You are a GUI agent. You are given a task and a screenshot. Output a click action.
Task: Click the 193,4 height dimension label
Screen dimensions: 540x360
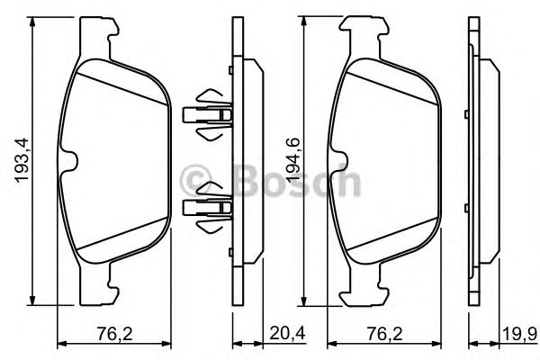(x=22, y=160)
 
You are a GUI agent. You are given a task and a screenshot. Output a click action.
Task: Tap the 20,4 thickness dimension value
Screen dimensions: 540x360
(x=287, y=334)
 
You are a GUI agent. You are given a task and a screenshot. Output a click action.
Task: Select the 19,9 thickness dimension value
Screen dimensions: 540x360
(x=519, y=334)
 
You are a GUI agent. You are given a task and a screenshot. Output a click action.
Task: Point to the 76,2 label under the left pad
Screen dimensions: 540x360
(x=114, y=334)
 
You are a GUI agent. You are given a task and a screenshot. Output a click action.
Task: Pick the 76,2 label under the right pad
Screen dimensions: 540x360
(x=384, y=334)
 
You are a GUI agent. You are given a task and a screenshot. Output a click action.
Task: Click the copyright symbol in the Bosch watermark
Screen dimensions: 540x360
(x=195, y=180)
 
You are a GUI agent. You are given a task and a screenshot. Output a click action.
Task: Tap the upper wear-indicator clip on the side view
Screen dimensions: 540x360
(x=208, y=114)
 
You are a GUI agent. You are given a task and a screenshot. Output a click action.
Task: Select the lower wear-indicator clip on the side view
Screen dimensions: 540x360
(x=208, y=207)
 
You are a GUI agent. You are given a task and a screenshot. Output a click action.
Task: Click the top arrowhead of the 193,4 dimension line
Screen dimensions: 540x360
(x=32, y=22)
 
